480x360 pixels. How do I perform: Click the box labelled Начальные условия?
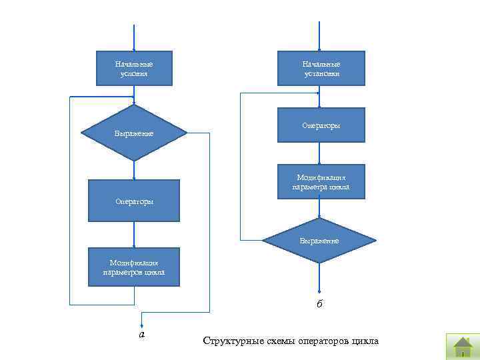134,68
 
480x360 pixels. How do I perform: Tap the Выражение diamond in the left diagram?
134,133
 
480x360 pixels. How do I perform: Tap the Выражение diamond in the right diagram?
320,240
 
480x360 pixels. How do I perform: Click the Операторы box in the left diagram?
134,201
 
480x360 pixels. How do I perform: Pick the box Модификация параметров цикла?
134,267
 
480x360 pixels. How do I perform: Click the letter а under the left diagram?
141,334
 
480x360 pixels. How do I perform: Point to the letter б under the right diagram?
320,305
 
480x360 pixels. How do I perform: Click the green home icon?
462,345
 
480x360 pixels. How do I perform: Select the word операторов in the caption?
320,341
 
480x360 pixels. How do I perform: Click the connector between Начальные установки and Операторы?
320,97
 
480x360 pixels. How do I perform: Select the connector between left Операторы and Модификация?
134,235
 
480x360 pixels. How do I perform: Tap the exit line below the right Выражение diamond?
320,277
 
